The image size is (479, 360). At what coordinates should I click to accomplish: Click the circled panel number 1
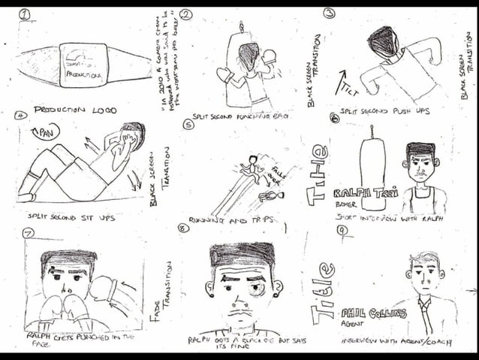click(25, 14)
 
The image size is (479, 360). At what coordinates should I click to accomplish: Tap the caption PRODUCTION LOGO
click(75, 110)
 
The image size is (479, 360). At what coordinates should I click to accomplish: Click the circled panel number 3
click(328, 13)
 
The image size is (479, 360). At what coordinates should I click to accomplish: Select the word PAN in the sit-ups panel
click(42, 134)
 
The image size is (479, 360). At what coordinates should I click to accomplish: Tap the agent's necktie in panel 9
click(424, 316)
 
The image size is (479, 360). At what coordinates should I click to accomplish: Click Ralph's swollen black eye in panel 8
click(256, 289)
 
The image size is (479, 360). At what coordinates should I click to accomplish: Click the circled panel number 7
click(29, 234)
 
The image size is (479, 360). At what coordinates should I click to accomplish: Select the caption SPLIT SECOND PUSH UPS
click(385, 111)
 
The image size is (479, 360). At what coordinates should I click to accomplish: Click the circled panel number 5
click(188, 125)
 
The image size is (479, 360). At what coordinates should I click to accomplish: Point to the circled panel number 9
click(342, 230)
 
